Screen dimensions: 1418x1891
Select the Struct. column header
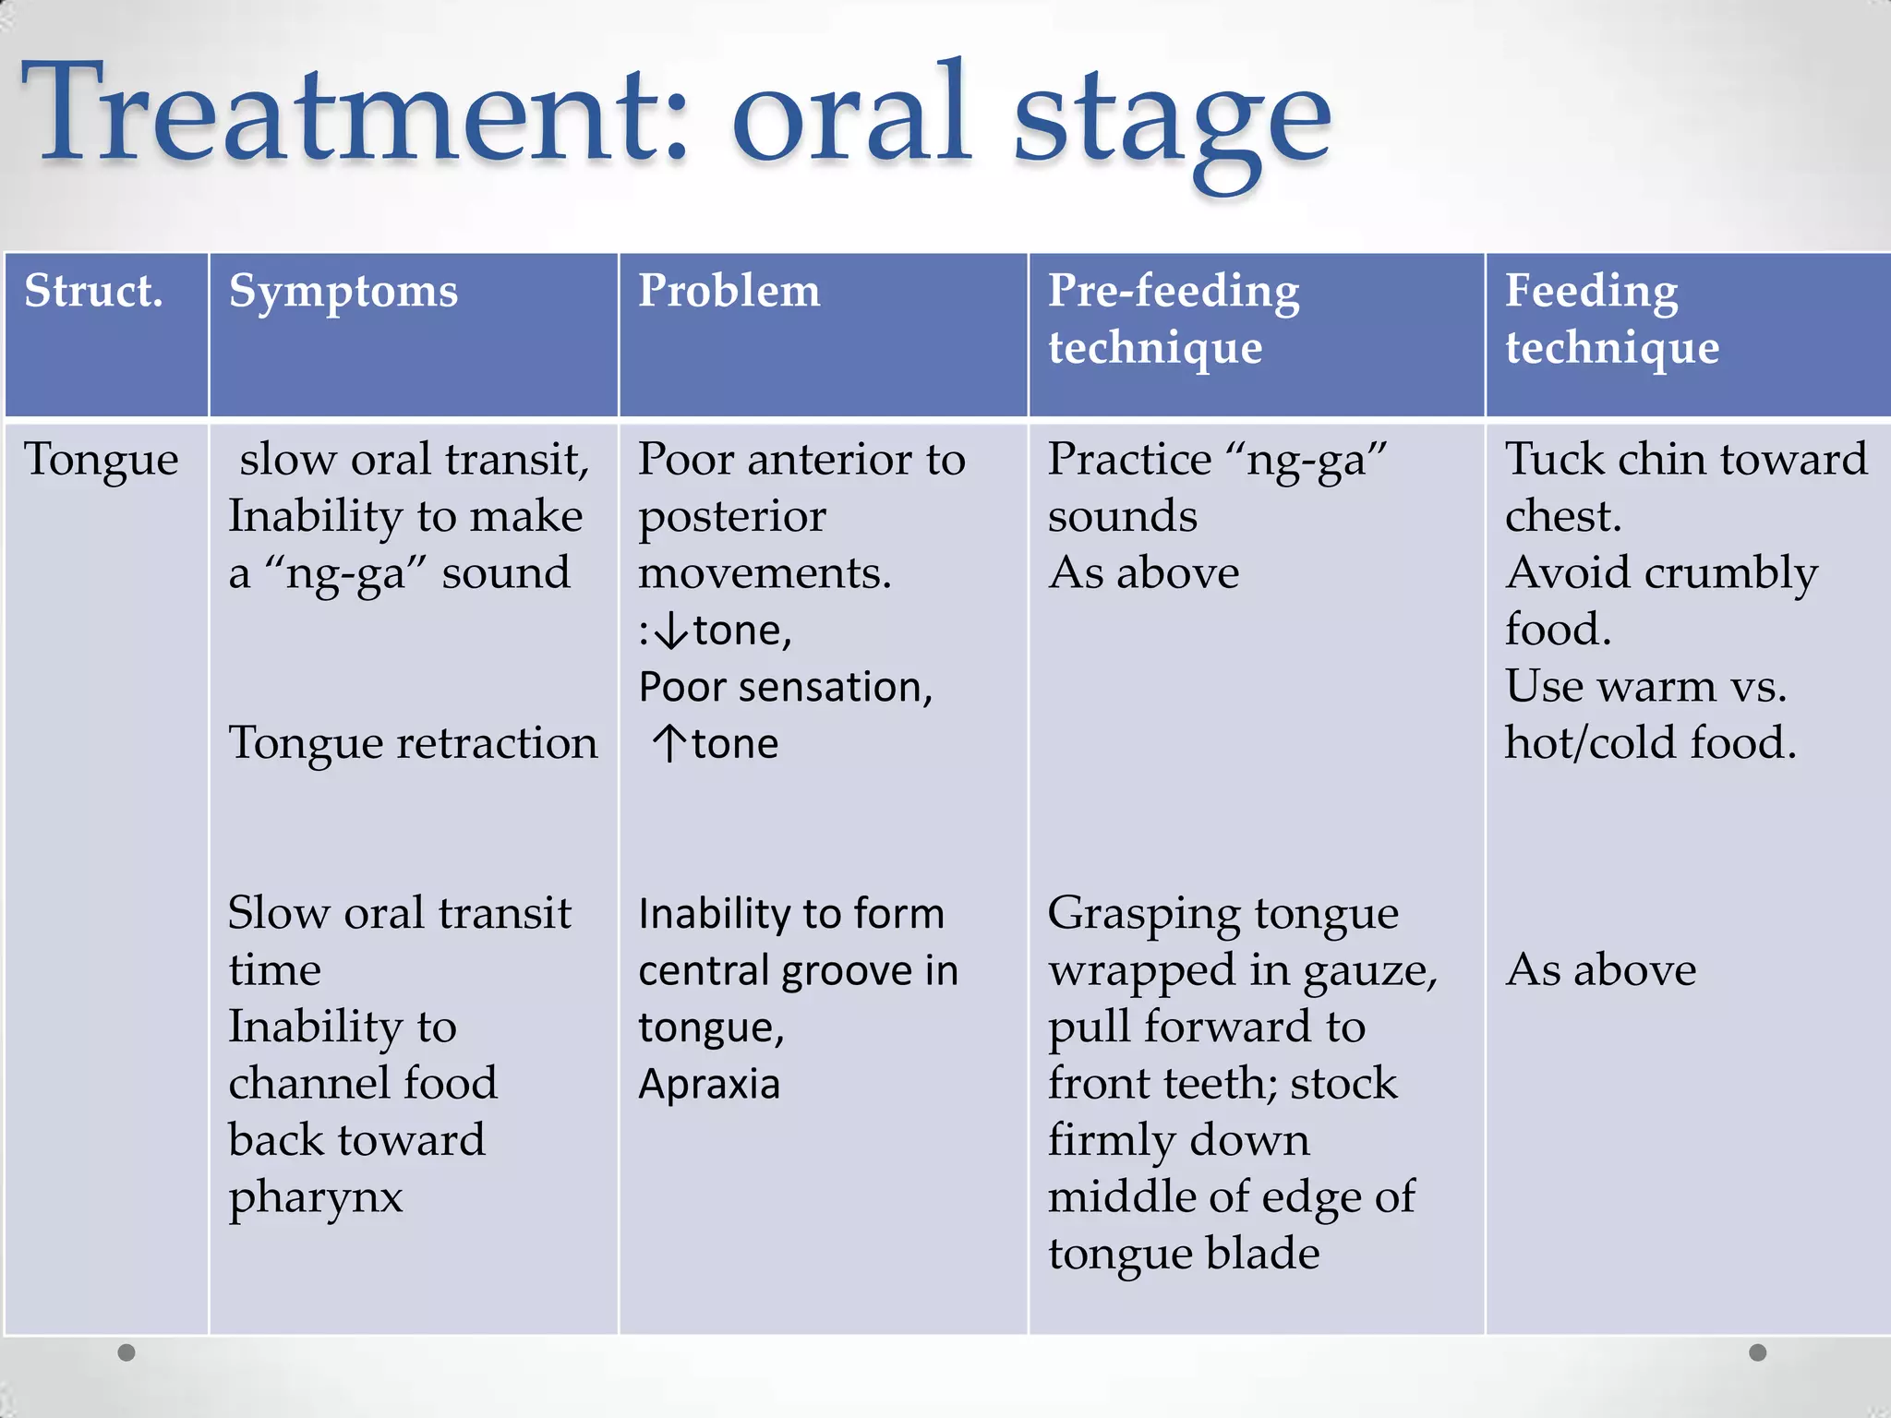point(93,292)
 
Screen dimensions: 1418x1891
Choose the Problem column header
point(729,292)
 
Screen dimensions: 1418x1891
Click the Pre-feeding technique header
point(1173,318)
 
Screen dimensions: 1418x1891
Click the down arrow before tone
point(675,631)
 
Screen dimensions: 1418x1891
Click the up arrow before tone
point(668,744)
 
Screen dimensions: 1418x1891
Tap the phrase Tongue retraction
point(413,744)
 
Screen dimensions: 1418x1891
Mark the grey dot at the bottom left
point(126,1352)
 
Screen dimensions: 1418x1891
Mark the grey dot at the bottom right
point(1758,1352)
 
